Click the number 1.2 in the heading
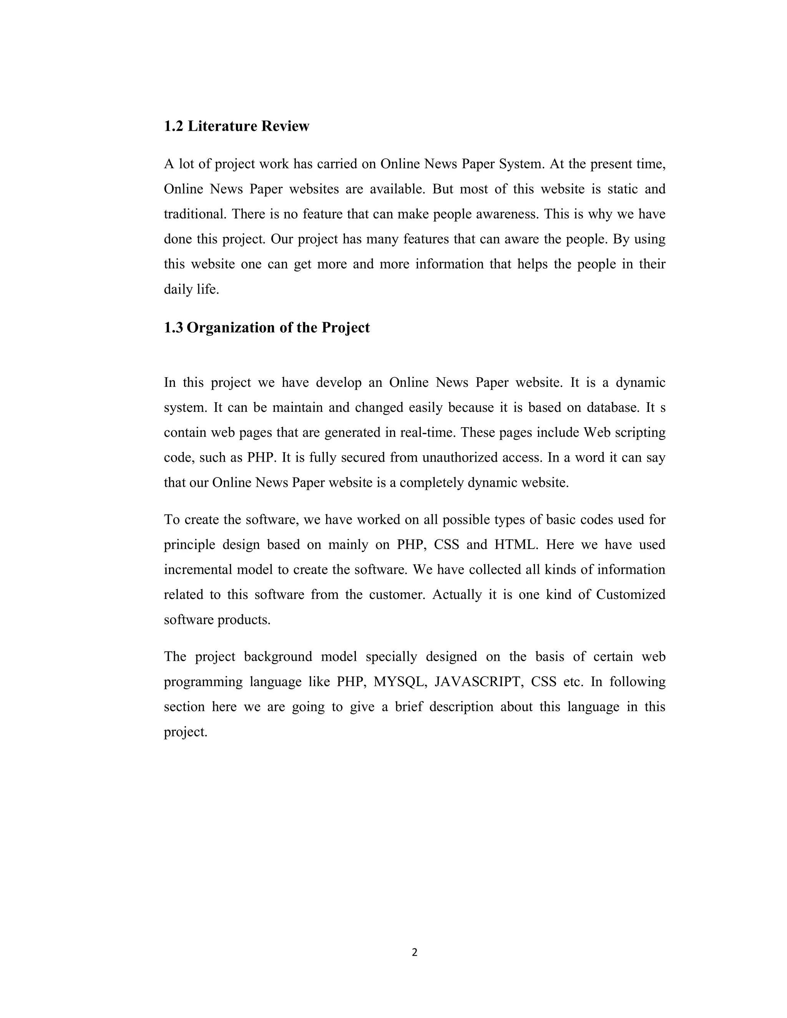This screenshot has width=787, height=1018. pyautogui.click(x=173, y=126)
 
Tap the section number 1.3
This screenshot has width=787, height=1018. pyautogui.click(x=173, y=328)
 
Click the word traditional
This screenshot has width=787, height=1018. pyautogui.click(x=195, y=214)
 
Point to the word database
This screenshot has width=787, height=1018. pyautogui.click(x=613, y=408)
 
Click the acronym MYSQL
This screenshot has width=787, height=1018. pyautogui.click(x=400, y=682)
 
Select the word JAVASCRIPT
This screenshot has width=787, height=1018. pyautogui.click(x=477, y=682)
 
